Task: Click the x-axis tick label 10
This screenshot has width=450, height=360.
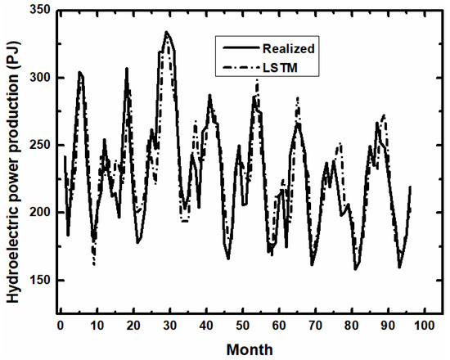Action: click(x=97, y=326)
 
